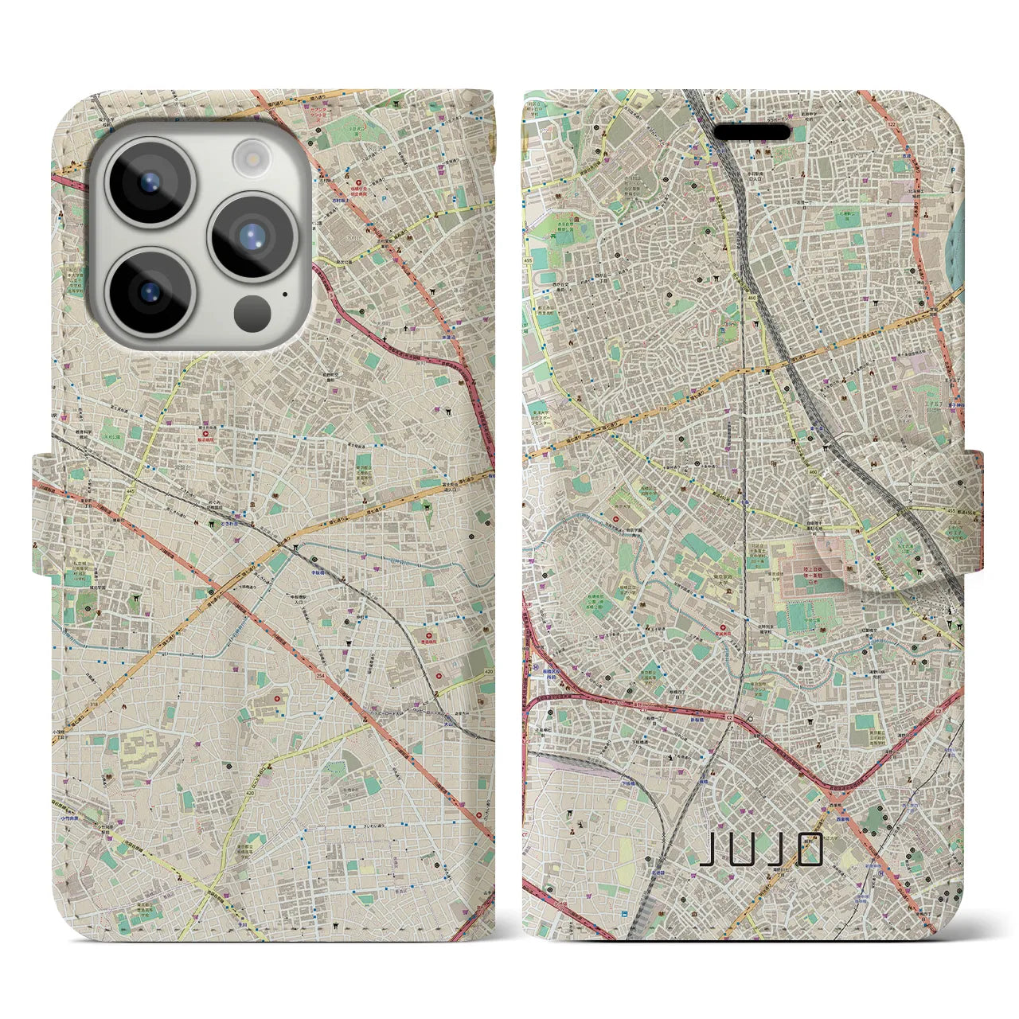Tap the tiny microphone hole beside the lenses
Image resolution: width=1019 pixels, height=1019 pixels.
284,295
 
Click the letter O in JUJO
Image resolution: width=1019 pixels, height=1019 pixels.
810,850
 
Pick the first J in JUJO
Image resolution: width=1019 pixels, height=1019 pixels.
707,850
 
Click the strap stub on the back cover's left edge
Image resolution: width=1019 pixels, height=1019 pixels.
41,513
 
